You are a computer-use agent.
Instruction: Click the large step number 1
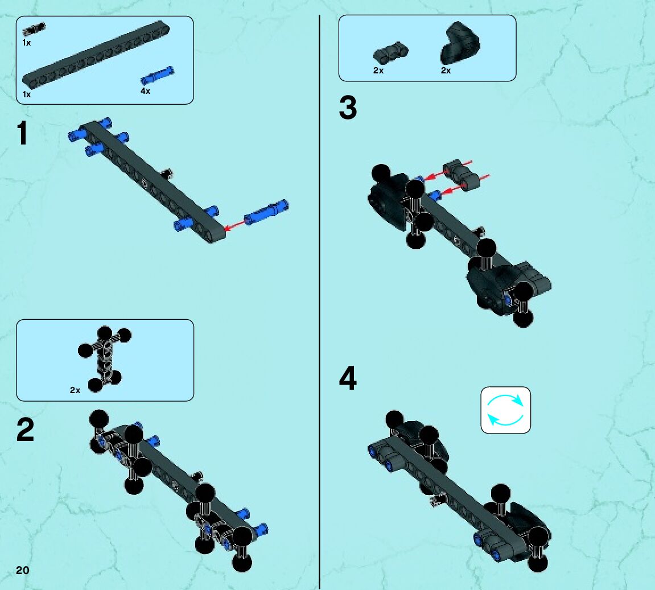pyautogui.click(x=22, y=133)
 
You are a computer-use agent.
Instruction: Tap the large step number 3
pyautogui.click(x=348, y=108)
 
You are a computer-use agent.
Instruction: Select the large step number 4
pyautogui.click(x=348, y=378)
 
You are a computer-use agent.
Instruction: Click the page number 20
pyautogui.click(x=23, y=571)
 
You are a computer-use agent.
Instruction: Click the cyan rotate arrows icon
pyautogui.click(x=505, y=410)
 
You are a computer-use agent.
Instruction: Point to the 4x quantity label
pyautogui.click(x=145, y=90)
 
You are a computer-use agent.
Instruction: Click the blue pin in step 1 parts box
pyautogui.click(x=157, y=75)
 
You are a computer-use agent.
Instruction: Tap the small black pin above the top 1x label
pyautogui.click(x=34, y=29)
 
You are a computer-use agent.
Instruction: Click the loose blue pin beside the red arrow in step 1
pyautogui.click(x=266, y=212)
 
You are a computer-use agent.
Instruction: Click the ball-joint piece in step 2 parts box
pyautogui.click(x=105, y=358)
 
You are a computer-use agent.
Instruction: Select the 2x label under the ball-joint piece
pyautogui.click(x=75, y=390)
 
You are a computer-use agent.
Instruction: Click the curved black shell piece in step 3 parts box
pyautogui.click(x=460, y=43)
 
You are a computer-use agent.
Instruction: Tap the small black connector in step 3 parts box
pyautogui.click(x=391, y=52)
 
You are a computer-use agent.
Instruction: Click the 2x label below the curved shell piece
pyautogui.click(x=446, y=71)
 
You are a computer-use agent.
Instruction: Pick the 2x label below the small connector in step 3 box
pyautogui.click(x=378, y=71)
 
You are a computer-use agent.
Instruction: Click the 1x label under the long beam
pyautogui.click(x=27, y=94)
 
